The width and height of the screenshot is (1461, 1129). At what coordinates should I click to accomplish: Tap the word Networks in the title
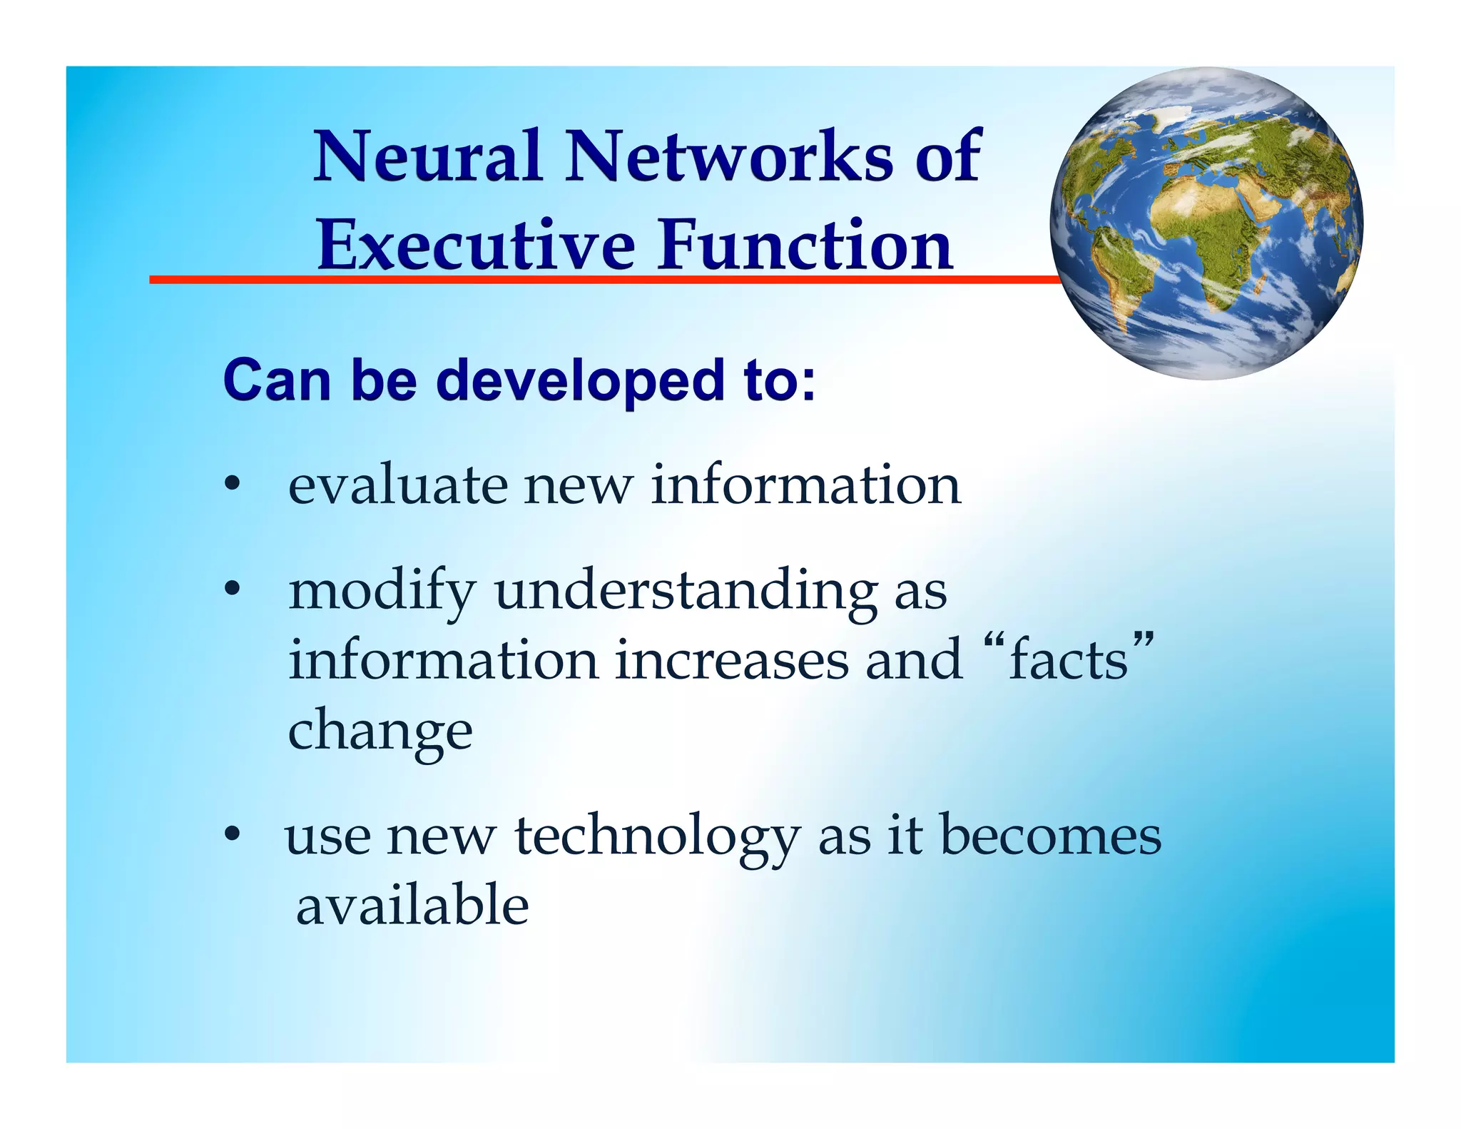[x=728, y=156]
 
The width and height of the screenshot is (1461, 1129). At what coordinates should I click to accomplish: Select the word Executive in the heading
[x=476, y=245]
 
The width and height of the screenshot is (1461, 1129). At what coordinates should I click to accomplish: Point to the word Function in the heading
[x=805, y=245]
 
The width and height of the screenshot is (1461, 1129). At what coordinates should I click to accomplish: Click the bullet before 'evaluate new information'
[x=231, y=485]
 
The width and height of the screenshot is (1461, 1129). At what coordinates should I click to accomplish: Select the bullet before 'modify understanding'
[x=231, y=590]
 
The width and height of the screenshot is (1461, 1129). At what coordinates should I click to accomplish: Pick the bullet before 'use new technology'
[x=231, y=834]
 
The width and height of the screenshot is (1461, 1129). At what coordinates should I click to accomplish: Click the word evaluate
[x=397, y=485]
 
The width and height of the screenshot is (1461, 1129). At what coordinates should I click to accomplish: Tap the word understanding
[x=686, y=592]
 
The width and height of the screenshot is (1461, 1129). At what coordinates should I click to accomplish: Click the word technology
[x=657, y=836]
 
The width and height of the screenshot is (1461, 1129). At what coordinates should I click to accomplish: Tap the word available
[x=412, y=905]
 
